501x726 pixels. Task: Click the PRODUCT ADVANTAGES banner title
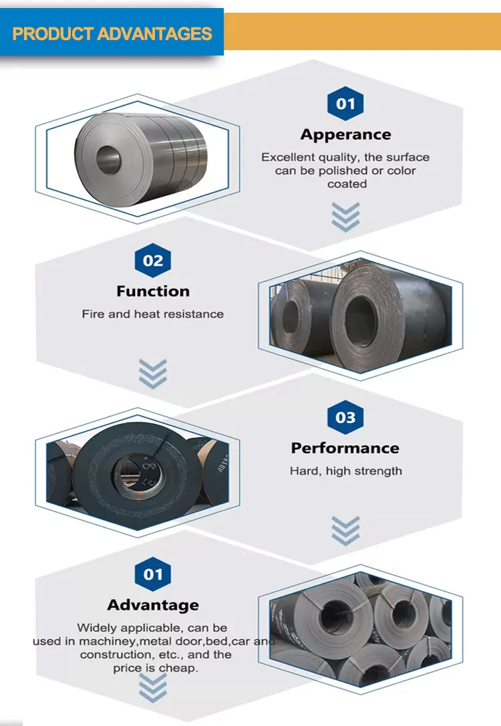point(112,33)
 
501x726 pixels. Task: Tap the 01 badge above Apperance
point(345,104)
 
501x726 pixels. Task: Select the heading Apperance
point(345,134)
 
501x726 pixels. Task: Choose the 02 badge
point(153,260)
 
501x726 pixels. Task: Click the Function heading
point(153,291)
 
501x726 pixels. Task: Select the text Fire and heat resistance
point(153,314)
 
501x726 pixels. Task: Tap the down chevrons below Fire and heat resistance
point(153,372)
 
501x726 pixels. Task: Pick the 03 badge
point(345,418)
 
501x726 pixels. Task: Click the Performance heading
point(345,448)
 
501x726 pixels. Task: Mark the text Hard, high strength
point(346,471)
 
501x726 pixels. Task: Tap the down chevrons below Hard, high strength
point(345,529)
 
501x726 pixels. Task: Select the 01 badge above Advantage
point(153,574)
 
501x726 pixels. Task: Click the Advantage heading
point(153,605)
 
